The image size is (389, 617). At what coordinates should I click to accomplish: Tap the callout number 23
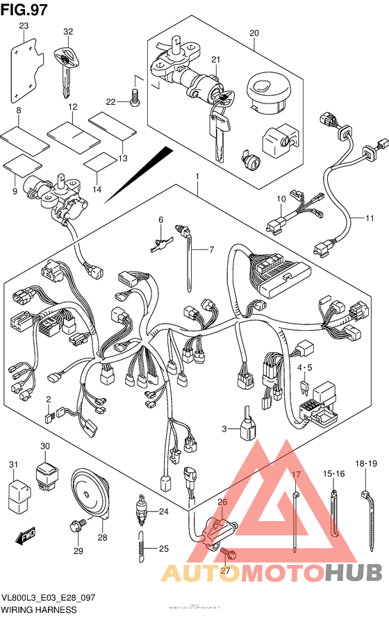tap(24, 26)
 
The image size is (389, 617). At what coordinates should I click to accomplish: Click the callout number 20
tap(254, 33)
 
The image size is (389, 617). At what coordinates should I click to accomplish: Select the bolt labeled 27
tap(232, 555)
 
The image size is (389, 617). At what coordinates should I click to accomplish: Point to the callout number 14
tap(97, 189)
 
